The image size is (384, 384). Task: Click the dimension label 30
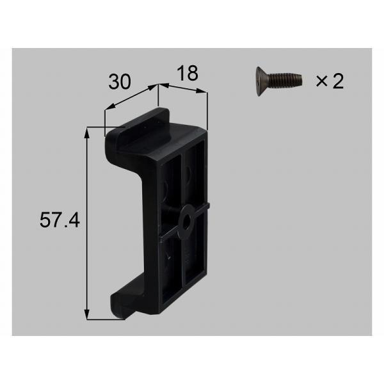click(x=120, y=82)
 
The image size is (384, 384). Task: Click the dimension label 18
click(x=188, y=73)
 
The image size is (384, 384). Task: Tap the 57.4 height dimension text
click(x=60, y=220)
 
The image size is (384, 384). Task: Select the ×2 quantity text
click(x=330, y=81)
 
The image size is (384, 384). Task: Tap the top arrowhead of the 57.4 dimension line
click(x=86, y=132)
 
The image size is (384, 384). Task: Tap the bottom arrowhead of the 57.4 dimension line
click(x=86, y=314)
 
